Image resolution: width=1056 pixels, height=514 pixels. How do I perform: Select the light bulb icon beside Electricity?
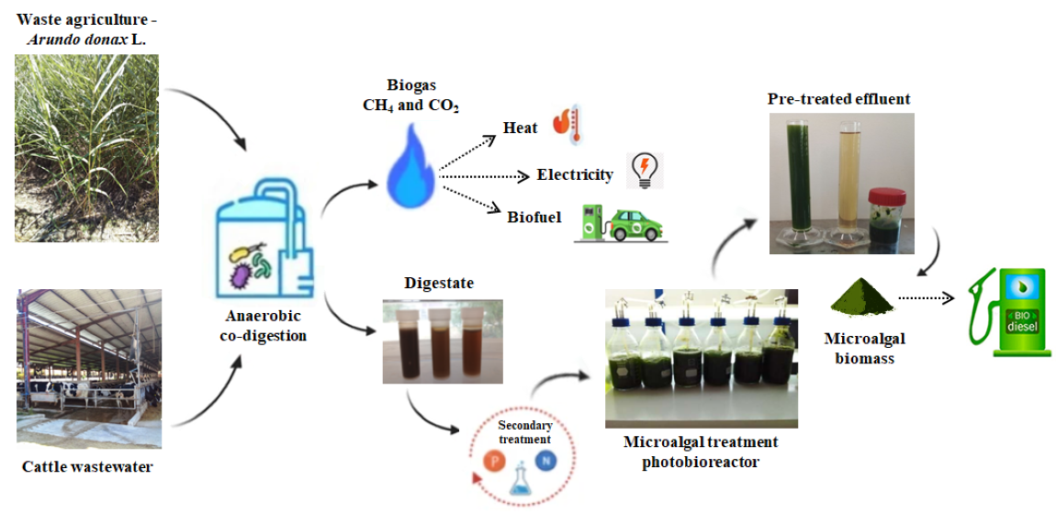tap(645, 171)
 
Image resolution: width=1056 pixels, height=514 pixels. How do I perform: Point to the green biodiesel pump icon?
tap(1006, 298)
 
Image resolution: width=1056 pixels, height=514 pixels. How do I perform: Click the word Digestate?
tap(438, 284)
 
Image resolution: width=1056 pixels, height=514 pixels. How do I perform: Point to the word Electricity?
tap(575, 174)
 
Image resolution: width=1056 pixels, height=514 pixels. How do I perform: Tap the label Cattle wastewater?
tap(87, 467)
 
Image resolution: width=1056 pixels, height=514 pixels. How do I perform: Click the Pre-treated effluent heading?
tap(839, 98)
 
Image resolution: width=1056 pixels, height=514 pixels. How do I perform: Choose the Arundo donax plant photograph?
tap(86, 148)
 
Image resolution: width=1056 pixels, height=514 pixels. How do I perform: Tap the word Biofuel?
tap(534, 217)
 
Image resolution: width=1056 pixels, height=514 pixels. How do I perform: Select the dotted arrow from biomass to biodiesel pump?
tap(928, 298)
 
